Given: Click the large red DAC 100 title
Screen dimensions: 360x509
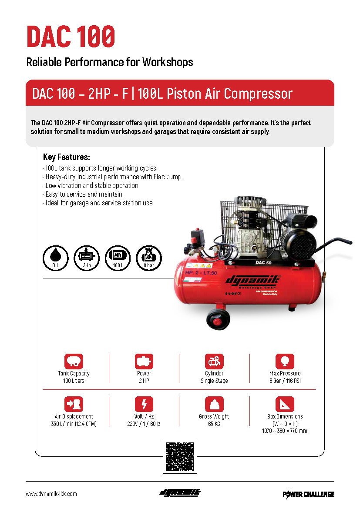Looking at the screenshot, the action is tap(71, 37).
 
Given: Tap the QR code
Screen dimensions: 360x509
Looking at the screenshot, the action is tap(180, 456).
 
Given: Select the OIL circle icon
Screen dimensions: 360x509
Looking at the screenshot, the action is tap(56, 258).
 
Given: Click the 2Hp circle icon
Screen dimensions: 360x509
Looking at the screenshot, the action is tap(87, 258).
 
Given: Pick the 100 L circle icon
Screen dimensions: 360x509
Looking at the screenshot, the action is tap(118, 258).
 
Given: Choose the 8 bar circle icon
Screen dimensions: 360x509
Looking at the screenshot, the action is tap(149, 258).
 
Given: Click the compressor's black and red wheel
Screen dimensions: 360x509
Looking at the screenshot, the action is tap(218, 319).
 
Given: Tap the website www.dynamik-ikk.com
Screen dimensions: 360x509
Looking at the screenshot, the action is tap(51, 494).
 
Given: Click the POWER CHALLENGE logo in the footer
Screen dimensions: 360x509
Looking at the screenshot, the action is tap(308, 494).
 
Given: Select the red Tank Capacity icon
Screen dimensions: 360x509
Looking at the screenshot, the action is tap(74, 361).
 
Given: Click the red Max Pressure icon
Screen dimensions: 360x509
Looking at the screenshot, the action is tap(285, 361).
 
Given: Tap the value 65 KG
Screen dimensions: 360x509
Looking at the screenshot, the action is tap(214, 424).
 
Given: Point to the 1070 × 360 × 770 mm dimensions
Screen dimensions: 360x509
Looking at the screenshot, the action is tap(285, 431).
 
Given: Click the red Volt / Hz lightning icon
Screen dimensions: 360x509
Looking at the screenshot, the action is tap(144, 404).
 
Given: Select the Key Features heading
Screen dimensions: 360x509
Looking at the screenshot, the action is tap(66, 157).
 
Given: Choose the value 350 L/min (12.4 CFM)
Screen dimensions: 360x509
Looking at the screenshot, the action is tap(74, 424).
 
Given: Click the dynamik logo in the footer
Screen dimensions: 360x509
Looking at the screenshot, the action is tap(180, 493).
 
